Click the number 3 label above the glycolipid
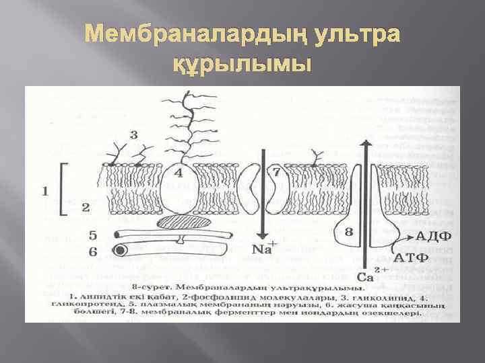(133, 134)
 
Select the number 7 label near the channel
(276, 173)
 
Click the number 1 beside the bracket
(45, 191)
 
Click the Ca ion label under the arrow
(364, 276)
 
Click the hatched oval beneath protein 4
(182, 222)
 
